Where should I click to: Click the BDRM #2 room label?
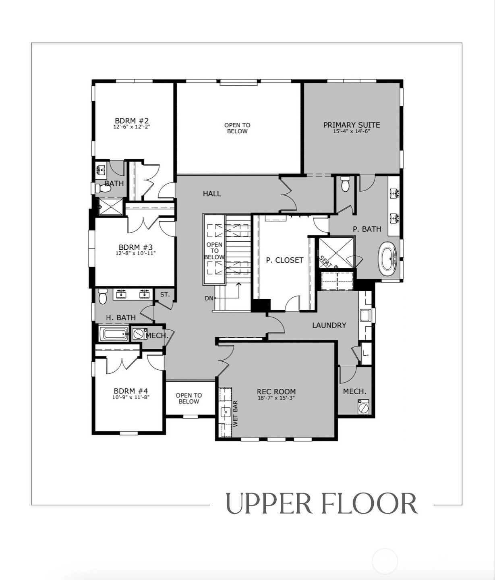132,121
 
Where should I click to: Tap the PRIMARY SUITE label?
352,125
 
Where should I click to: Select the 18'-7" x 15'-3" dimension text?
276,398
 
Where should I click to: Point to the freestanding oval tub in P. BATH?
388,259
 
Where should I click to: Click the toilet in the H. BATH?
103,296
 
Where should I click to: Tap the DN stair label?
209,298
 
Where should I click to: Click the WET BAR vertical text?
235,414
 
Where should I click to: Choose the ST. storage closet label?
165,294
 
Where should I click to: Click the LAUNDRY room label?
329,325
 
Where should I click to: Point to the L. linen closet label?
366,354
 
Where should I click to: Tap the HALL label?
212,194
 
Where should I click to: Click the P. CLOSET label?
285,260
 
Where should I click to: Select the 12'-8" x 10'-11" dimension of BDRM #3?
136,253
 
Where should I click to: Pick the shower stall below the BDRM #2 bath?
111,207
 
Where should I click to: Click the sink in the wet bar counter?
226,412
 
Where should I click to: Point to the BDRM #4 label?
131,391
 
